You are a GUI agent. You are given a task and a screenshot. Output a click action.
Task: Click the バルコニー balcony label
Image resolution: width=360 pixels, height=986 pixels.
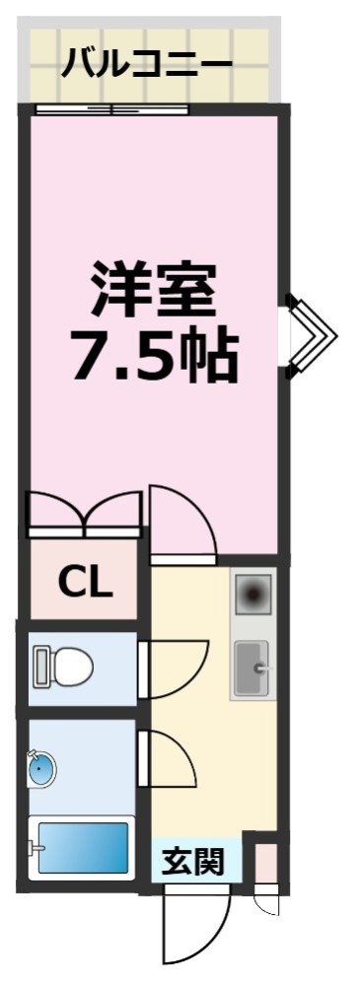point(147,65)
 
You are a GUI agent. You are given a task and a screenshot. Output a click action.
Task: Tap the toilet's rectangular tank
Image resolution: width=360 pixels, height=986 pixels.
point(40,668)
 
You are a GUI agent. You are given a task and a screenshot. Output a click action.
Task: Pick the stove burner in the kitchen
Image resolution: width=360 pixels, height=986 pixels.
point(252,595)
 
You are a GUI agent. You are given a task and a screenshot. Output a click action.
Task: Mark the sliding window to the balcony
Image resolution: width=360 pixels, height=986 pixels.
point(111,108)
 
